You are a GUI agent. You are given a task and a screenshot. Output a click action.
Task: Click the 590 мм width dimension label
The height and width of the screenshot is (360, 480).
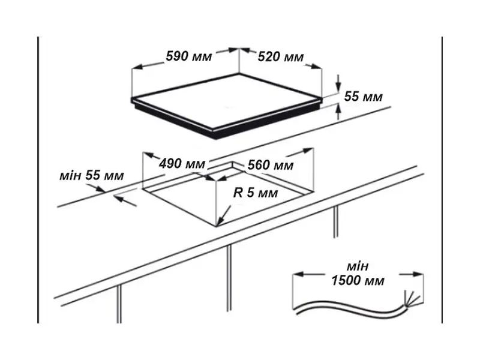coord(189,56)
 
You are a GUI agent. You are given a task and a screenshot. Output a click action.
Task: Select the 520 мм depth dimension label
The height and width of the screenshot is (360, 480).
coord(281,56)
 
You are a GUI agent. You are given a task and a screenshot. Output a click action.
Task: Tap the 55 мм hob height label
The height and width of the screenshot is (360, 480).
coord(364,97)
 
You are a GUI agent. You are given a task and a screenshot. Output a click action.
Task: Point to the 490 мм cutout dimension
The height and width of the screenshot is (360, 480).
coord(182,164)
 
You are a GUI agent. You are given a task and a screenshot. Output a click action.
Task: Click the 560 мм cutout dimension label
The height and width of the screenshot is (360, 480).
coord(271,166)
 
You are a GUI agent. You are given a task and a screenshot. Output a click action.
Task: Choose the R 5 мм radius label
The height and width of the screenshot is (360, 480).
coord(256,193)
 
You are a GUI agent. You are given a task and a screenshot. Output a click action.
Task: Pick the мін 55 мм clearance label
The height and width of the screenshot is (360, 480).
coord(92,175)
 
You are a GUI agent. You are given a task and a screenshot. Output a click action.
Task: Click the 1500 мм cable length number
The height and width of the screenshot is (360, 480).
coord(358,280)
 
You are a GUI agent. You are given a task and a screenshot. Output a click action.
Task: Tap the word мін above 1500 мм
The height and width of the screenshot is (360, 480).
coord(357,266)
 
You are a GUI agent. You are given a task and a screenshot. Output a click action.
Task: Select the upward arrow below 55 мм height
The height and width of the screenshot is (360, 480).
coord(338,112)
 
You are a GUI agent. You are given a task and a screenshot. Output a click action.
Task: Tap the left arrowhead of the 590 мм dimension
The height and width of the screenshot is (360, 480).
coord(137,67)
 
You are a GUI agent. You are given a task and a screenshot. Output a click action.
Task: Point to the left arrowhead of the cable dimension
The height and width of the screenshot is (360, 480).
coord(299,274)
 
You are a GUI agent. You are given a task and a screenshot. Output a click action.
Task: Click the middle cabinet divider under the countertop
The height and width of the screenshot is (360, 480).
coord(229,278)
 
